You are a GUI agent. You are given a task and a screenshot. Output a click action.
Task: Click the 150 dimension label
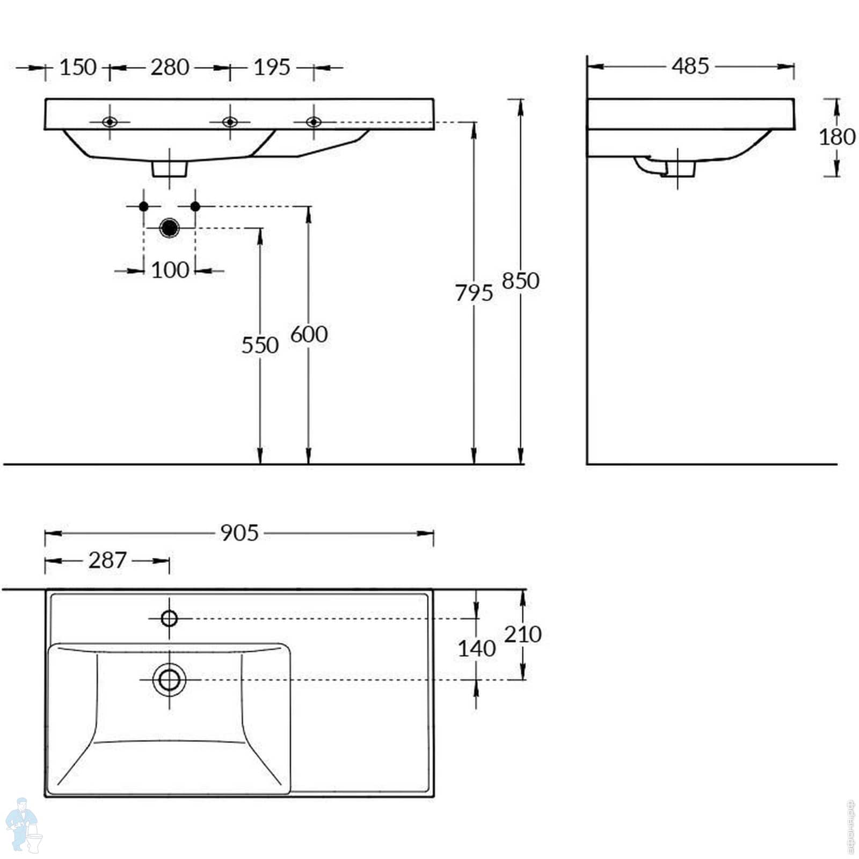[78, 68]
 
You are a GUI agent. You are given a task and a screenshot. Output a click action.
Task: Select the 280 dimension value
[170, 68]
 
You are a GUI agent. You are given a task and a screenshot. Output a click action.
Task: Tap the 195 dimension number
[272, 68]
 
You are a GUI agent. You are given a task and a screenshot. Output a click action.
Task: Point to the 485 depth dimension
[690, 66]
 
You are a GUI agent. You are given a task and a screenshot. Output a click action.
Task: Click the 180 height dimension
[836, 137]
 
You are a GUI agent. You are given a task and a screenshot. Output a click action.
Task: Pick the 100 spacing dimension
[170, 270]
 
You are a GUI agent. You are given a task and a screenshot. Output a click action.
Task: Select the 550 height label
[260, 345]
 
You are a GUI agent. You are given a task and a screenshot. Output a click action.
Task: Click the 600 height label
[309, 334]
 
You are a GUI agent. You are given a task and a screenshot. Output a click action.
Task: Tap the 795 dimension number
[474, 293]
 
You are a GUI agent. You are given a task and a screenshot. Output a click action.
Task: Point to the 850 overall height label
[520, 281]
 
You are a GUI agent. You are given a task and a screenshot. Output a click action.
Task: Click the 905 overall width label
[239, 533]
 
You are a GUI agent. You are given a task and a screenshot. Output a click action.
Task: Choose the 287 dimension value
[107, 560]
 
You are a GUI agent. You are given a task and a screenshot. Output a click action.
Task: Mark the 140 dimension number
[476, 649]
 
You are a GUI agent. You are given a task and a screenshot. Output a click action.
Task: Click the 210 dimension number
[522, 635]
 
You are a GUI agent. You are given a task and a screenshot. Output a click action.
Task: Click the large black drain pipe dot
[170, 228]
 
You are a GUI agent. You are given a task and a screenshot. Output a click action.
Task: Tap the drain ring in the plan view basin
[169, 680]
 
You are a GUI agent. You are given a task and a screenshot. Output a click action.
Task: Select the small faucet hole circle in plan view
[169, 618]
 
